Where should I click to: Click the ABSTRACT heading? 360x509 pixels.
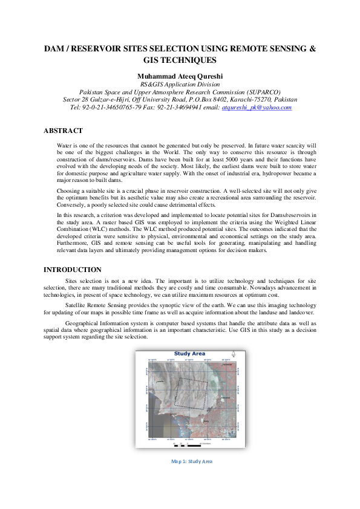[63, 131]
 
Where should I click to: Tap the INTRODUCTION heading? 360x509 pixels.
[73, 270]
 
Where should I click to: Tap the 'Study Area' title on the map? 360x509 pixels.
[189, 354]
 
